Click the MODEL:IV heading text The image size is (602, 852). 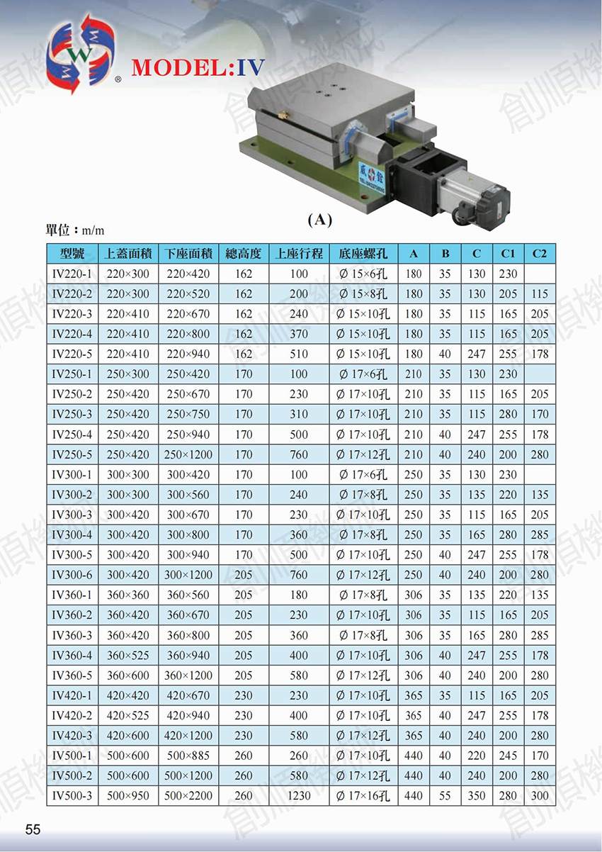(198, 68)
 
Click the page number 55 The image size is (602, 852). (33, 829)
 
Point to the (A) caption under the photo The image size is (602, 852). (319, 220)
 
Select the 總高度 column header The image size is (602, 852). (244, 253)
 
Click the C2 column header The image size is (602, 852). (540, 253)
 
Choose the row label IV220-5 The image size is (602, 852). (72, 354)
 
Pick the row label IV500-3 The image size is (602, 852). (72, 796)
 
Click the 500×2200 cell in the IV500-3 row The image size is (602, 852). (188, 796)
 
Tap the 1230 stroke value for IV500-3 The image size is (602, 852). (299, 796)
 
